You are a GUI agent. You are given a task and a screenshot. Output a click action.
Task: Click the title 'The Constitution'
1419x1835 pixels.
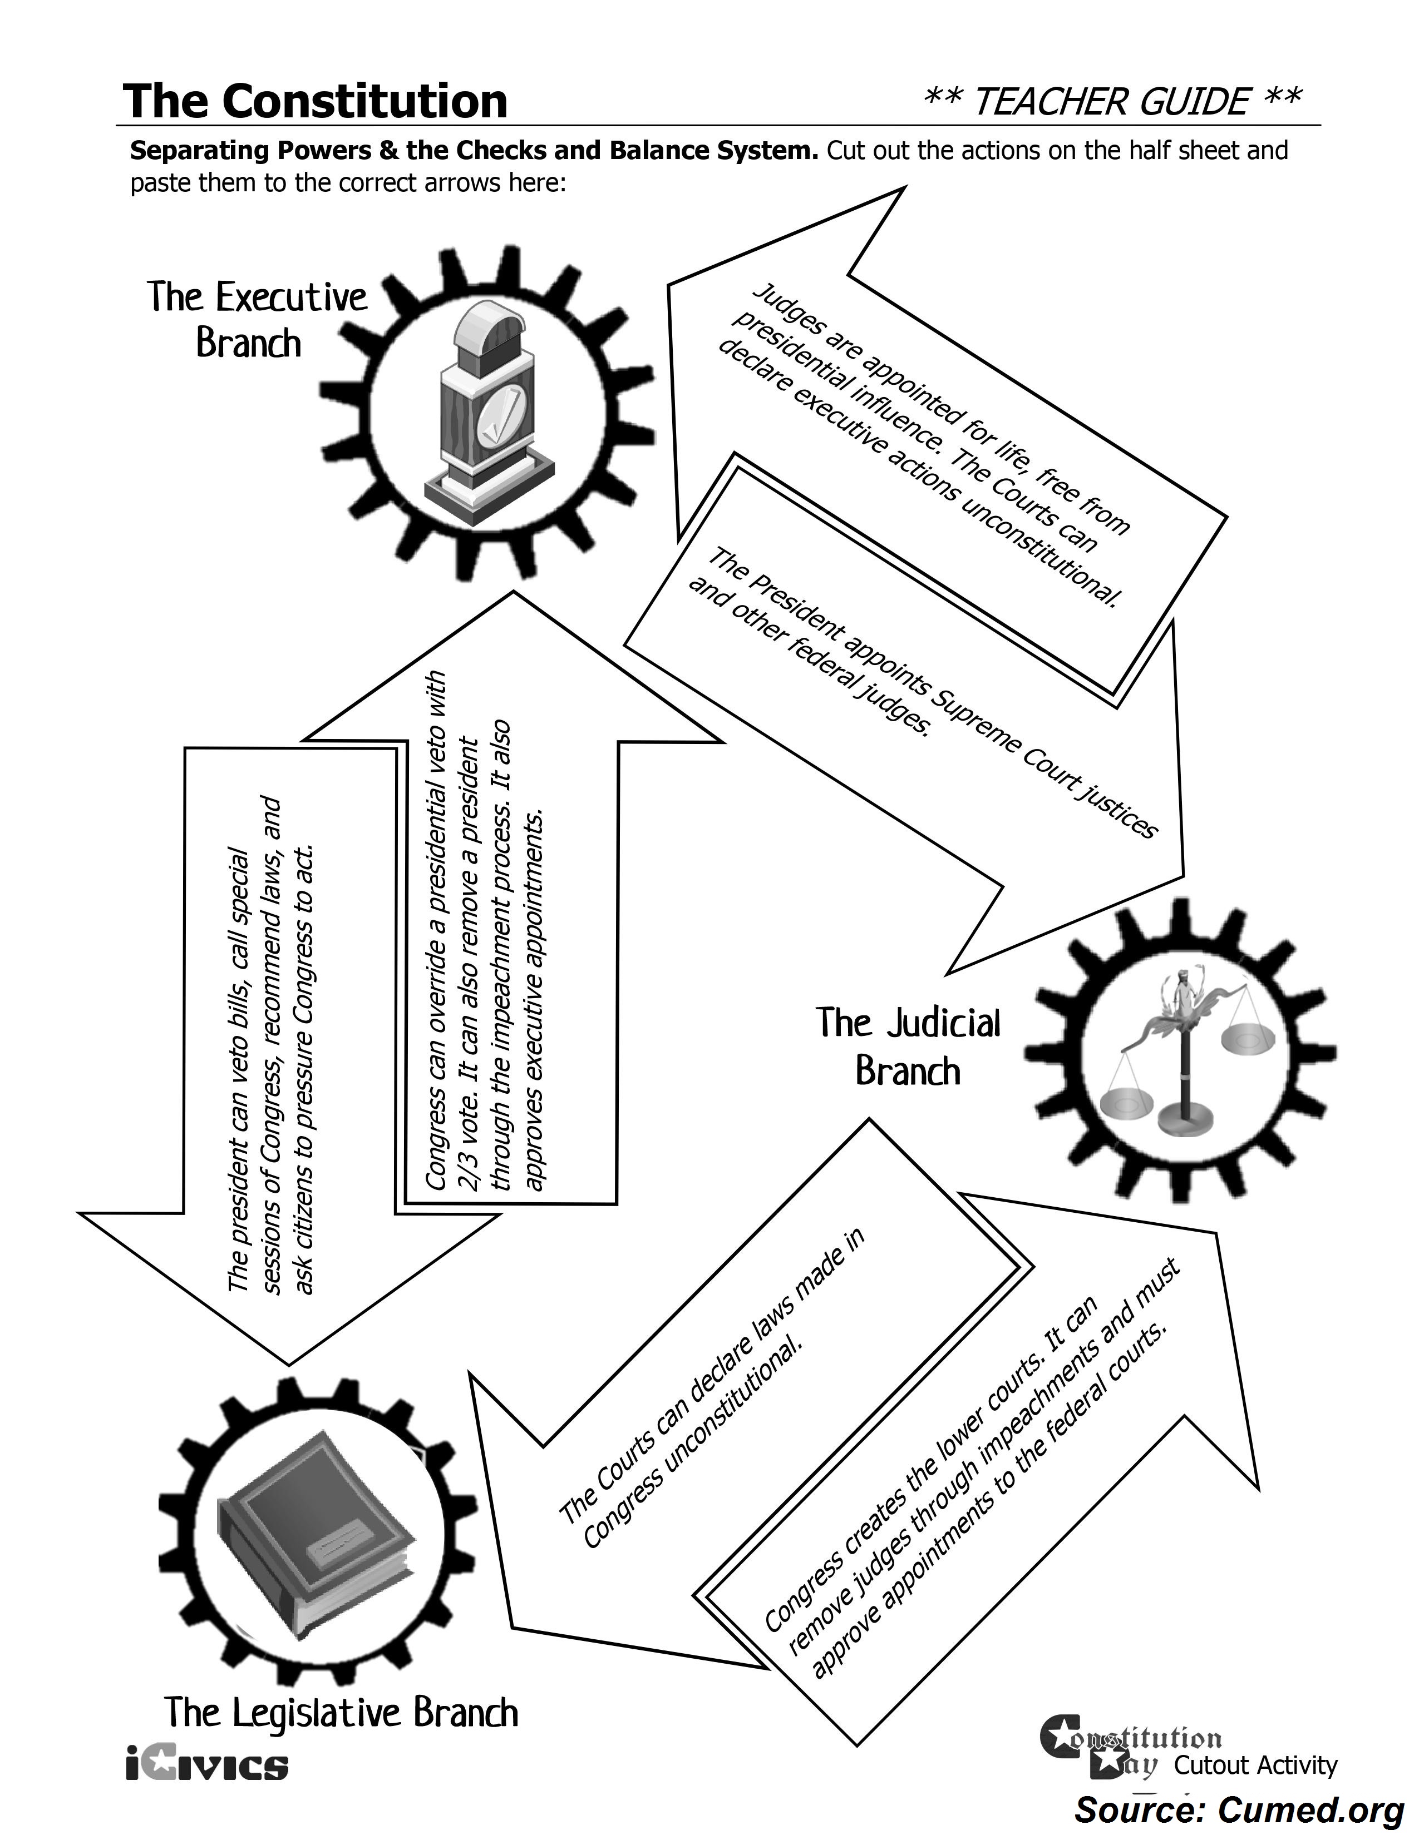(315, 102)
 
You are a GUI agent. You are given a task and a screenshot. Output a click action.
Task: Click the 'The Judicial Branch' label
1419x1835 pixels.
(908, 1047)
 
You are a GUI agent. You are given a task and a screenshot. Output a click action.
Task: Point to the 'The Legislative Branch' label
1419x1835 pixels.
(341, 1712)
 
